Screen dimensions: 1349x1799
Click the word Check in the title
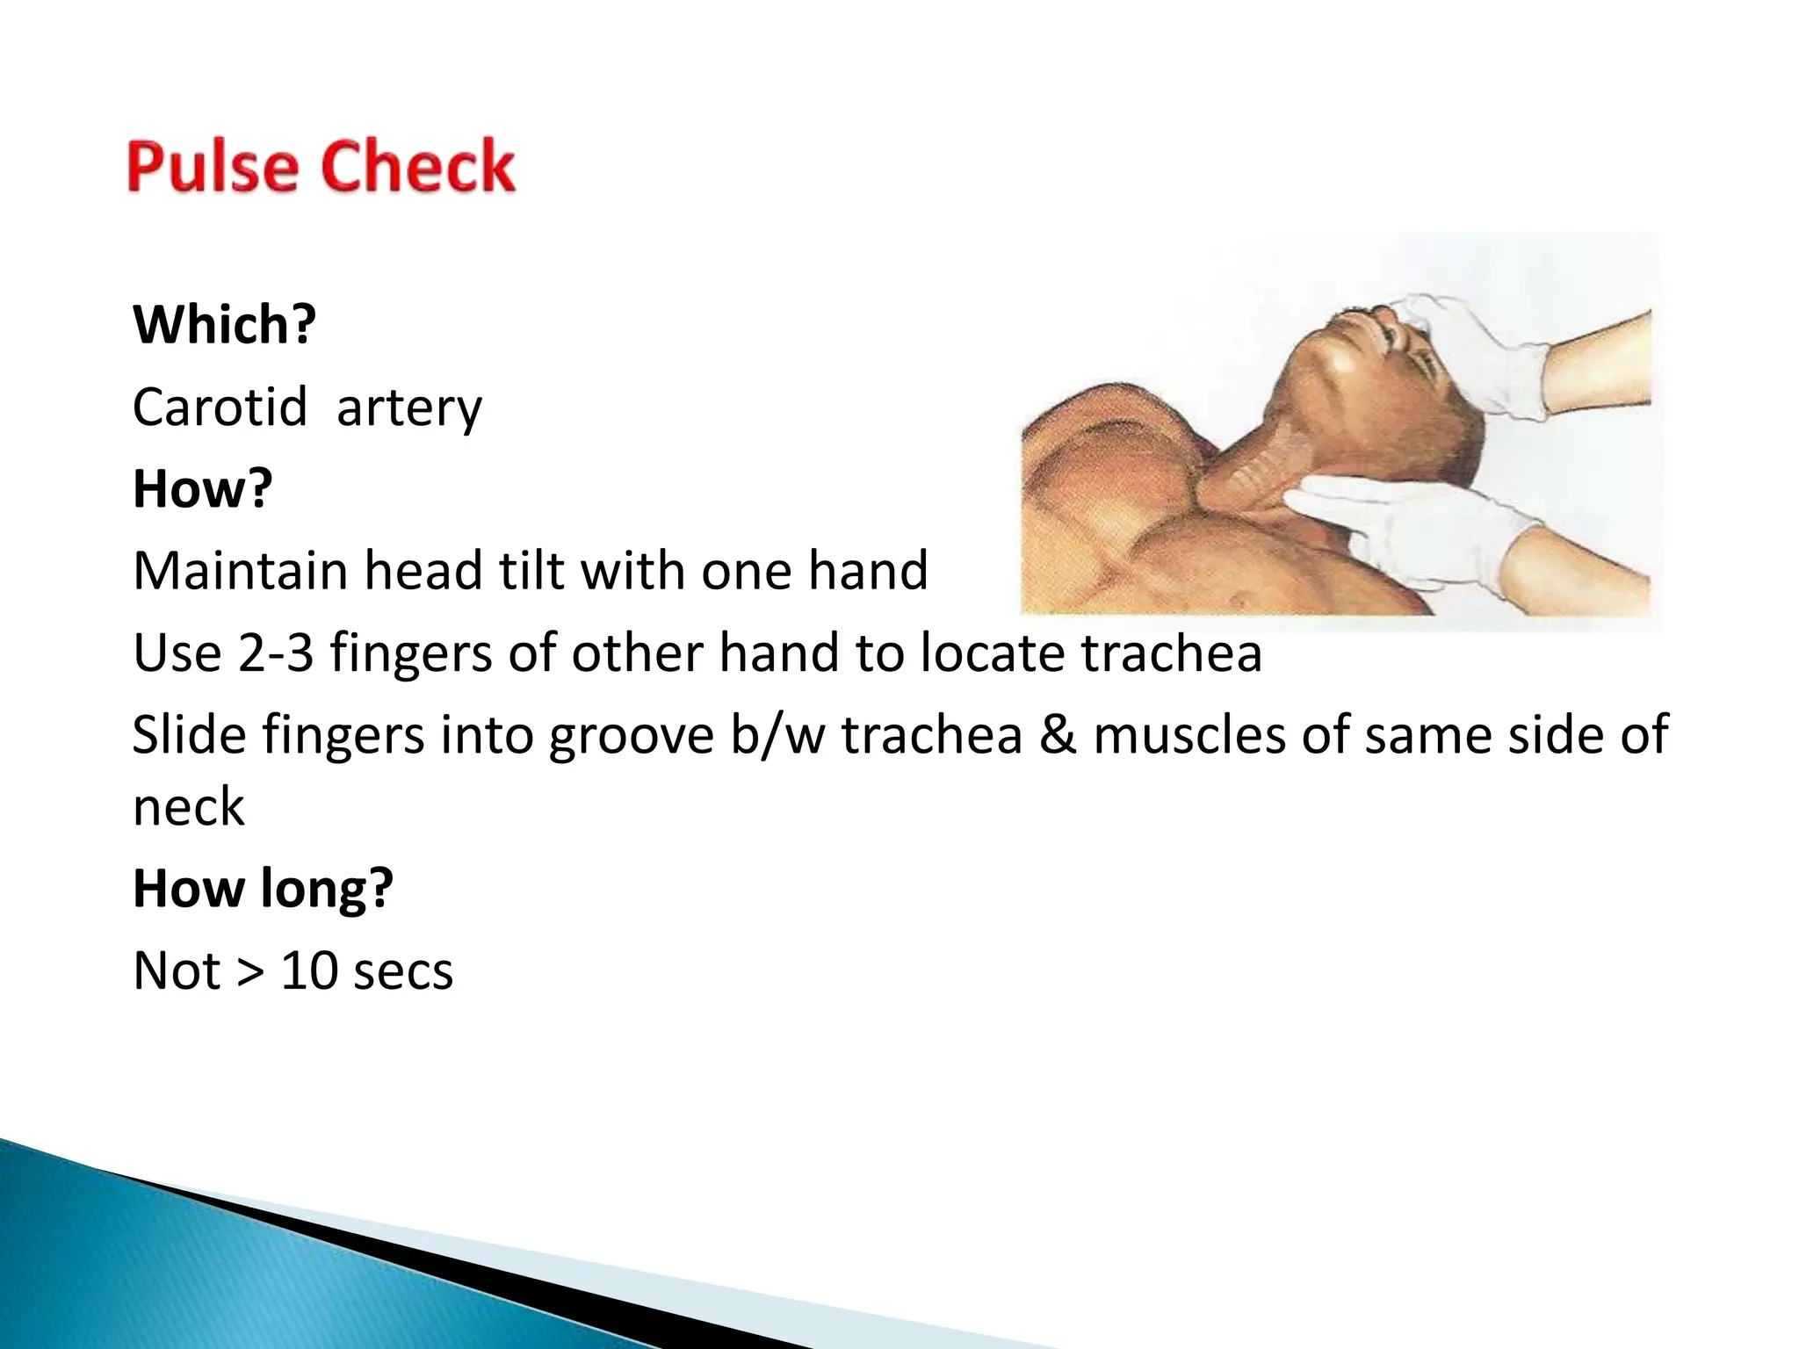click(x=418, y=166)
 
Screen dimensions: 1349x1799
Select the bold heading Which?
click(x=224, y=325)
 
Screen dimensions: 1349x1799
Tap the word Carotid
click(x=220, y=408)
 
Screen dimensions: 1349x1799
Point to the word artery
click(x=409, y=409)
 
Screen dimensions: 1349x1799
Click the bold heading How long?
click(x=263, y=889)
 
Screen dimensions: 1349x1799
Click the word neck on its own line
click(x=189, y=808)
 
